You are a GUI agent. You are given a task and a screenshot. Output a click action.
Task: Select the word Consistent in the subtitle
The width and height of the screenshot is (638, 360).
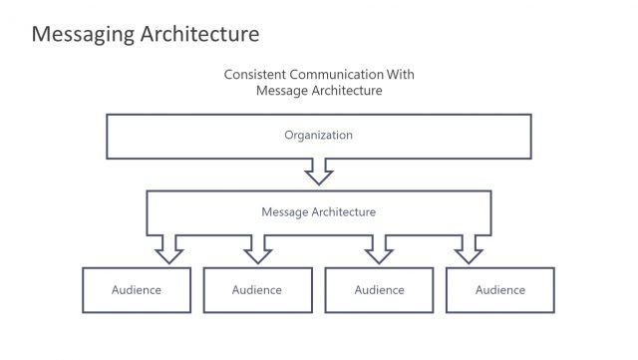point(250,74)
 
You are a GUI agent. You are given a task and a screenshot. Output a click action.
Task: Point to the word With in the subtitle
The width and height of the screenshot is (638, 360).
point(398,74)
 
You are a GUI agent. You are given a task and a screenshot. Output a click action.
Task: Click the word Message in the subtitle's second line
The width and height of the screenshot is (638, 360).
point(281,91)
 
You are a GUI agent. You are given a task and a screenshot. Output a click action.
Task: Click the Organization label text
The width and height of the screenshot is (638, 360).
point(318,134)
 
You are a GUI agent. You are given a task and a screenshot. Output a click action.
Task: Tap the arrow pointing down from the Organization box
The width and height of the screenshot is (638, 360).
point(319,173)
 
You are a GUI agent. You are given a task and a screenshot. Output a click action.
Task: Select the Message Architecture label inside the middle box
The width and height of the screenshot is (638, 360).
point(318,211)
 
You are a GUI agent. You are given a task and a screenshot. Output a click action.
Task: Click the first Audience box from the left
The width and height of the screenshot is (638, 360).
point(136,290)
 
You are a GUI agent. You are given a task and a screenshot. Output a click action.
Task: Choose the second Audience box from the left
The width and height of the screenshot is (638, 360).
point(257,290)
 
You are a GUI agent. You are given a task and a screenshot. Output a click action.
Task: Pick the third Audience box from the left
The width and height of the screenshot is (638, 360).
point(379,290)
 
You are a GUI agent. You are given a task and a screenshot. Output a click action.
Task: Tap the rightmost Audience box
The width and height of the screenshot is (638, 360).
point(499,290)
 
